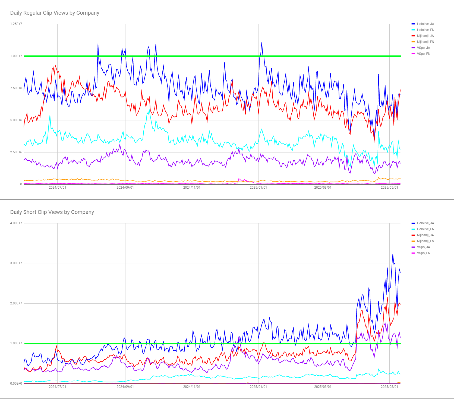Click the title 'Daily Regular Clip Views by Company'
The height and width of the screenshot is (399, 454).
(55, 13)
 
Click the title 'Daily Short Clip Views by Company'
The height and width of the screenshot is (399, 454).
(52, 212)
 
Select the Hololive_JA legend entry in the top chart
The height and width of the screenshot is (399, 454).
(425, 24)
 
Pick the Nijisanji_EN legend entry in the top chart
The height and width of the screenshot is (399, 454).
(425, 42)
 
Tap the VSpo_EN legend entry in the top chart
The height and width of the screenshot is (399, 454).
(423, 54)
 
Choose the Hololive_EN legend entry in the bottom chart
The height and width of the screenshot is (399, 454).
(425, 229)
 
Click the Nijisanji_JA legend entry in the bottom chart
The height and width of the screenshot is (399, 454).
(425, 235)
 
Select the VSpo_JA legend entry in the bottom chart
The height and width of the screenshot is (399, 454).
(423, 247)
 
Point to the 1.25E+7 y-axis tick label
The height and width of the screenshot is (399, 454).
(16, 24)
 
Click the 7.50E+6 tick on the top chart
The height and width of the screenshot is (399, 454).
(16, 88)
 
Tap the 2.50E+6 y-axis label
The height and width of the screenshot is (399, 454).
(16, 152)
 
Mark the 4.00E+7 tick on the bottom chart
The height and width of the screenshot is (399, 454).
(16, 223)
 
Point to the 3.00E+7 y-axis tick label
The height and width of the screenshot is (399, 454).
(16, 263)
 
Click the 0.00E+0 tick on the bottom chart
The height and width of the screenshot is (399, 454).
(16, 384)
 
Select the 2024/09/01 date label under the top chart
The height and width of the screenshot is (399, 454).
(125, 188)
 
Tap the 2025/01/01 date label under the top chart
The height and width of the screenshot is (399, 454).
(258, 188)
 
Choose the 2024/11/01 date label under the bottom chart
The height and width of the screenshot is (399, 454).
(192, 387)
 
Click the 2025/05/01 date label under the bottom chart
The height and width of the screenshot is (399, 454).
(389, 387)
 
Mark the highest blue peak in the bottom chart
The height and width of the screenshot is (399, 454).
(393, 254)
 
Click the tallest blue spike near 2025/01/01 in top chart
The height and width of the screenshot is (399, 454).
(262, 43)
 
